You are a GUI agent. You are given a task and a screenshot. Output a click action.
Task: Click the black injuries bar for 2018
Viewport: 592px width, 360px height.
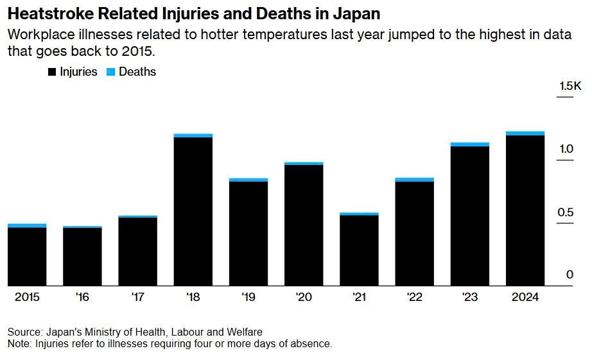pyautogui.click(x=193, y=211)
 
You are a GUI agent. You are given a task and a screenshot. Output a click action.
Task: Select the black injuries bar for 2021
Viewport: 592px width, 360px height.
pyautogui.click(x=359, y=250)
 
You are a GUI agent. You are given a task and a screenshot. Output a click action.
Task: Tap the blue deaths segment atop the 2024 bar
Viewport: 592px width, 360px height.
pyautogui.click(x=525, y=133)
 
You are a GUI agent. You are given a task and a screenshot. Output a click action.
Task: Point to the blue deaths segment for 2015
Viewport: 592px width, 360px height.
pyautogui.click(x=27, y=225)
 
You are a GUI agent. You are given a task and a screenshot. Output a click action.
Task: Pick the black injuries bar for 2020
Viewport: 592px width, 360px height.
pyautogui.click(x=304, y=225)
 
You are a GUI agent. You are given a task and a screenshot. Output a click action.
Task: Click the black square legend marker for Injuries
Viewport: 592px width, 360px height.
pyautogui.click(x=52, y=73)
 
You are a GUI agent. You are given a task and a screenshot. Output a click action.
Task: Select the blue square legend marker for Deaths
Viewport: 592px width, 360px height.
pyautogui.click(x=110, y=73)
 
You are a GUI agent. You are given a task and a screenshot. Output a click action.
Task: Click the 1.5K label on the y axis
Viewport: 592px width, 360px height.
pyautogui.click(x=570, y=86)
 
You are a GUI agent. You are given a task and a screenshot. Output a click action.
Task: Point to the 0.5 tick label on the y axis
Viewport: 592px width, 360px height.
pyautogui.click(x=565, y=212)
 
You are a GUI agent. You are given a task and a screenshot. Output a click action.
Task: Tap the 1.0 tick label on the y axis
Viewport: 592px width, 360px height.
pyautogui.click(x=565, y=149)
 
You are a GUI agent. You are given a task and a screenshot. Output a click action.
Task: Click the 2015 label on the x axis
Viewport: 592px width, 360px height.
pyautogui.click(x=27, y=298)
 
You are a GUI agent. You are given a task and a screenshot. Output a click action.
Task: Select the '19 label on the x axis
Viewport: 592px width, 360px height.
pyautogui.click(x=248, y=298)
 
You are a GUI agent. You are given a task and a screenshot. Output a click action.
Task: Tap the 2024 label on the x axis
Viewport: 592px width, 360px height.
pyautogui.click(x=525, y=298)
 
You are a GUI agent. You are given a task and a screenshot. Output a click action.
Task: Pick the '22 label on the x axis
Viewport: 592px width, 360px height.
pyautogui.click(x=414, y=298)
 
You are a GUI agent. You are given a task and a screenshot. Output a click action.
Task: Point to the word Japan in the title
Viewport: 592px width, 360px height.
pyautogui.click(x=356, y=13)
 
